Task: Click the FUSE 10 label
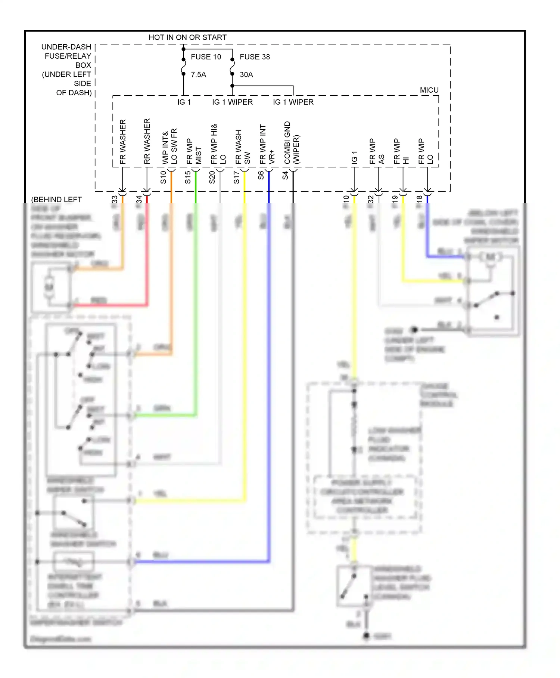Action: pyautogui.click(x=206, y=57)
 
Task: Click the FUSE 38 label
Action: pyautogui.click(x=255, y=57)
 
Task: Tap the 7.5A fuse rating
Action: pyautogui.click(x=198, y=75)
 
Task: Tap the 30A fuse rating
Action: pyautogui.click(x=246, y=75)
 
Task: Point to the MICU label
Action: pyautogui.click(x=429, y=90)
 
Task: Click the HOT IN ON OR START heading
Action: pyautogui.click(x=187, y=37)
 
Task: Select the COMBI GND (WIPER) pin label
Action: pyautogui.click(x=292, y=143)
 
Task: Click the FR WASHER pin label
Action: pyautogui.click(x=123, y=142)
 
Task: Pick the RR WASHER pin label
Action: pyautogui.click(x=147, y=141)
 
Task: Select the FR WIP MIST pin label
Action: pyautogui.click(x=194, y=151)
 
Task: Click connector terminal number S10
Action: pyautogui.click(x=163, y=177)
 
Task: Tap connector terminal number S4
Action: pyautogui.click(x=285, y=175)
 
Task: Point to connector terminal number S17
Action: pyautogui.click(x=236, y=177)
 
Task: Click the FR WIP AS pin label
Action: pyautogui.click(x=376, y=151)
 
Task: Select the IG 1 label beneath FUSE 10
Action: pyautogui.click(x=184, y=102)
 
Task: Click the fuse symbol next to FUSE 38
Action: pyautogui.click(x=232, y=67)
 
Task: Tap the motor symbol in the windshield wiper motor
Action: pyautogui.click(x=490, y=257)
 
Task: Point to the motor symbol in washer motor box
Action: pyautogui.click(x=49, y=287)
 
